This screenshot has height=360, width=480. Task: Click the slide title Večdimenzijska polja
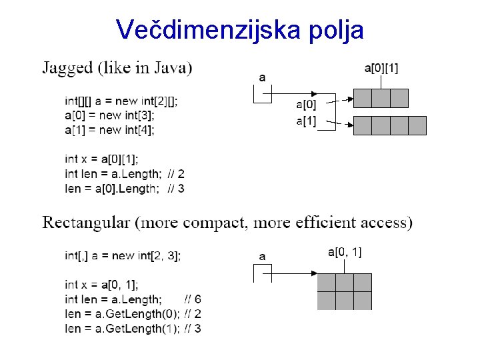(x=240, y=29)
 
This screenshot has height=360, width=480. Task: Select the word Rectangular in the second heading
(x=86, y=222)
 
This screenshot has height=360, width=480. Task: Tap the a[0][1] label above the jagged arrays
(x=381, y=67)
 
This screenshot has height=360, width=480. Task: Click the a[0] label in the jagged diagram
(x=306, y=103)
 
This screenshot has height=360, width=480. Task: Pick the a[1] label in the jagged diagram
(x=306, y=121)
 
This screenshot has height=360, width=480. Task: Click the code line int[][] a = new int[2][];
(x=121, y=101)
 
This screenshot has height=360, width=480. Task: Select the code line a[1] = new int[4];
(x=109, y=130)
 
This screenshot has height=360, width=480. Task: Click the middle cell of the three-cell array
(x=381, y=99)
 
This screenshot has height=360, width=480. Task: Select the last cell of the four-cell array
(x=417, y=125)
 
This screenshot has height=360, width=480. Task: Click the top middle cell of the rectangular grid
(x=344, y=283)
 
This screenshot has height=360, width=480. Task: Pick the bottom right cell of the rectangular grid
(x=362, y=301)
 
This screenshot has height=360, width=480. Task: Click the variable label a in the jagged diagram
(x=262, y=78)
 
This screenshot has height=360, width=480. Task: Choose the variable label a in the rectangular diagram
(x=262, y=256)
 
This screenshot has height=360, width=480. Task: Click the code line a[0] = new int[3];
(x=109, y=115)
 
